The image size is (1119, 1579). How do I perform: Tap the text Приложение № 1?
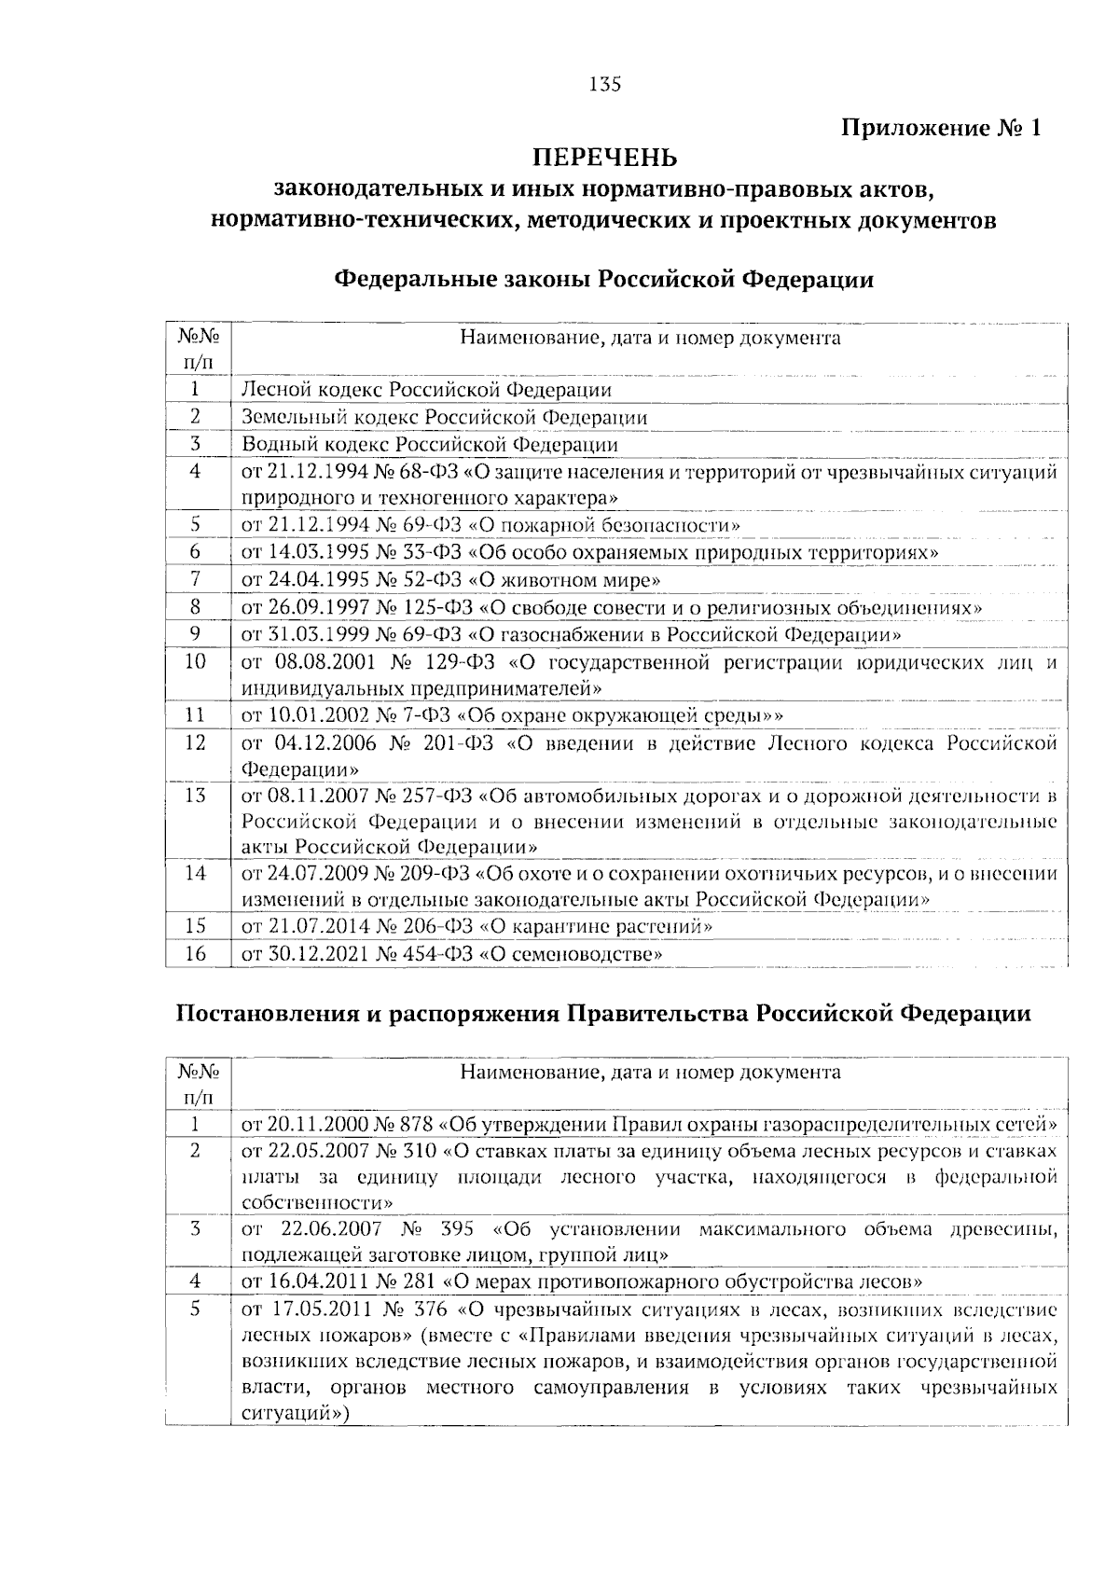click(x=941, y=127)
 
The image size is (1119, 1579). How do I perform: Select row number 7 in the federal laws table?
click(x=196, y=579)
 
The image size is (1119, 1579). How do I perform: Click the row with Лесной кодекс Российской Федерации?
click(x=426, y=390)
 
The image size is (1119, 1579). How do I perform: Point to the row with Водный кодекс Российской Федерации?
click(x=429, y=445)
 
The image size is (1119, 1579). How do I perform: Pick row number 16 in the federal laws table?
click(x=196, y=953)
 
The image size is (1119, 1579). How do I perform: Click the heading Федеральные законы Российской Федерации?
click(x=603, y=279)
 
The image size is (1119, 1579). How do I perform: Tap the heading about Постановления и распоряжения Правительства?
click(x=603, y=1014)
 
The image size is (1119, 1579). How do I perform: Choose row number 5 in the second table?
click(x=196, y=1309)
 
